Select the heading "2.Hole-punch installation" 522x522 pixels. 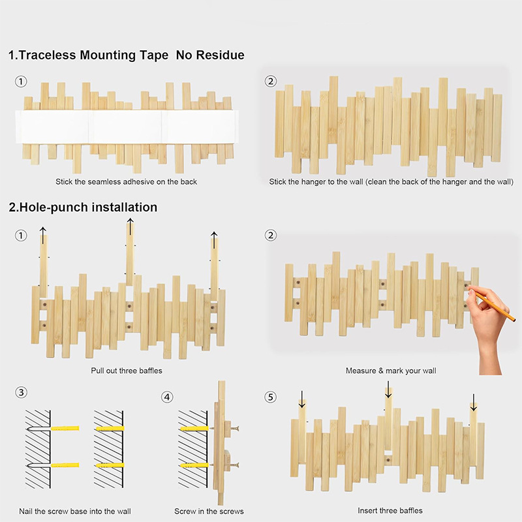83,207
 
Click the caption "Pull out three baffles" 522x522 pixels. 127,371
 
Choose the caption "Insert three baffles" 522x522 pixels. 390,510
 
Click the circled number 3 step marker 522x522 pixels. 22,393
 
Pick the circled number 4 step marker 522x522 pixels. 168,397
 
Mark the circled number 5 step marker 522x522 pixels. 270,397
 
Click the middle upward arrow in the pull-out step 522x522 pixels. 130,226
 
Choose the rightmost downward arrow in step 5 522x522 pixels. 473,403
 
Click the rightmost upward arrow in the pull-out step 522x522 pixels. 214,237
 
